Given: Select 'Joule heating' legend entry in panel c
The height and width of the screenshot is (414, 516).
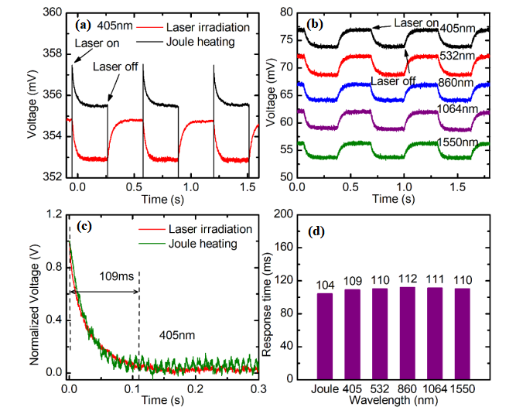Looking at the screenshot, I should tap(200, 244).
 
